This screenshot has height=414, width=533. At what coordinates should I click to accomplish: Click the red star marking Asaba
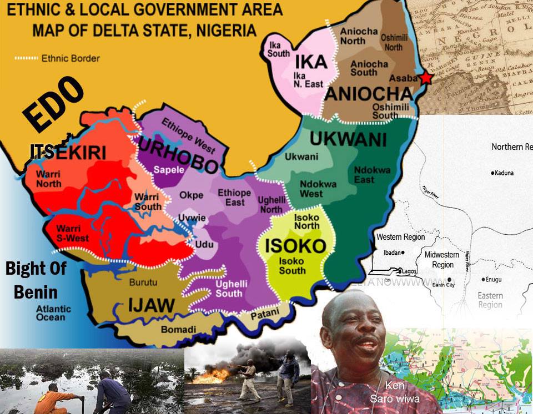pos(426,78)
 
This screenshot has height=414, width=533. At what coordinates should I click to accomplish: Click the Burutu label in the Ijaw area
pos(143,282)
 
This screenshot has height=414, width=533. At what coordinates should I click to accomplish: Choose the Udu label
pos(203,245)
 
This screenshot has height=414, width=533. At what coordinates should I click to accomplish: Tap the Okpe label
pos(191,195)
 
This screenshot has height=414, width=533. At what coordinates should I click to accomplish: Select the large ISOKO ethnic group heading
pos(295,245)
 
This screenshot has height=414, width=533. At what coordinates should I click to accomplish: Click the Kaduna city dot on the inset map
pos(492,173)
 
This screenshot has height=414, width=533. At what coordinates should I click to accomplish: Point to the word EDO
pos(53,105)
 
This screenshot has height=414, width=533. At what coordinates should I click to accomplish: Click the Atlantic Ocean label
pos(54,313)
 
